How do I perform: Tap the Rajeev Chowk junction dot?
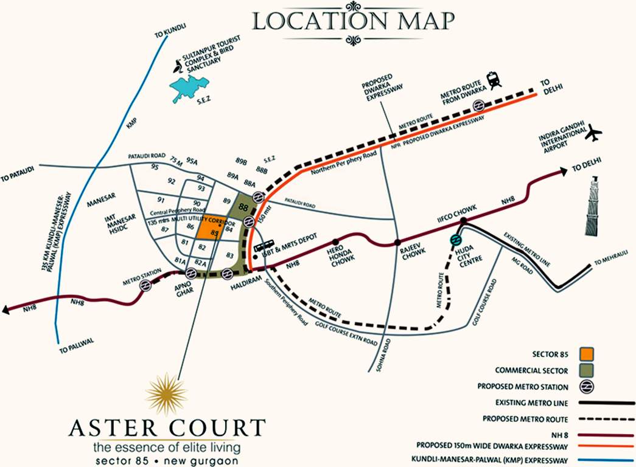pos(397,242)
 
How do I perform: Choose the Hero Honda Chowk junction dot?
pos(335,242)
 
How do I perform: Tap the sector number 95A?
pos(192,162)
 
